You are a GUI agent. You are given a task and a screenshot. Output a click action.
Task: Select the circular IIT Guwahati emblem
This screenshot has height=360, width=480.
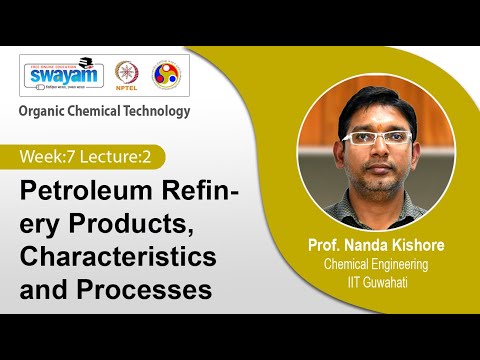tap(165, 74)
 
